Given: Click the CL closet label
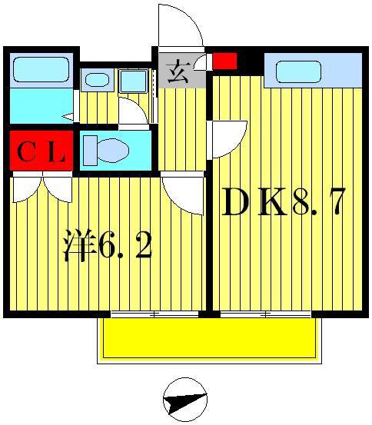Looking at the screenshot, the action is [42, 153].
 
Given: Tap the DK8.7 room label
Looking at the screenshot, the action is [284, 202].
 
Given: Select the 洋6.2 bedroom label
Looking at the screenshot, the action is [108, 246].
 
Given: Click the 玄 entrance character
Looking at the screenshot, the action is [178, 73].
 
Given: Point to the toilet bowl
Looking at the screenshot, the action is [113, 151].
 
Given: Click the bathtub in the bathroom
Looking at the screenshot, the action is [41, 69].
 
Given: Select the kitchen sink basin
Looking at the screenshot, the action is [298, 71].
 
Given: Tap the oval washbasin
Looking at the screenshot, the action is [97, 80].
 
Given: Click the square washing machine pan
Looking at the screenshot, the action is [133, 81].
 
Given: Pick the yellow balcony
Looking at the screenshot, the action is [209, 338].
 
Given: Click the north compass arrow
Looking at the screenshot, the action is [185, 400].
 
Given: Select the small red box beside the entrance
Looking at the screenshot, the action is [224, 61].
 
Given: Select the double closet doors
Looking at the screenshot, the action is [42, 187].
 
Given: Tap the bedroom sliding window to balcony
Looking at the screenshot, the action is [154, 314].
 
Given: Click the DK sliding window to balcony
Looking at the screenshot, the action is [265, 314].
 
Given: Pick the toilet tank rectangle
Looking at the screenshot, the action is [90, 151].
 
